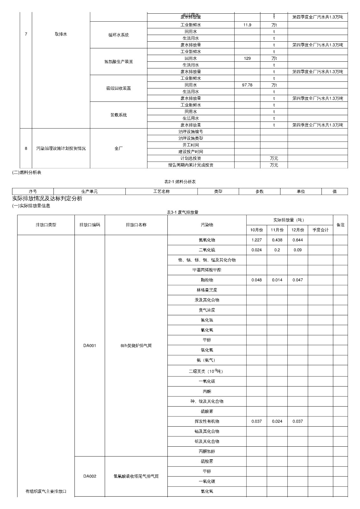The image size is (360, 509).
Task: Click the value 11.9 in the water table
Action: (247, 25)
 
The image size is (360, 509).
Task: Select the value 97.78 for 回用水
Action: (247, 85)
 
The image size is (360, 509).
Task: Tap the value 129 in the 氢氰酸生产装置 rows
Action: (247, 58)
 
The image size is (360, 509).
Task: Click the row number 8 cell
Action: (26, 148)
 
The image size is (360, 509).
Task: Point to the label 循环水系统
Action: (118, 35)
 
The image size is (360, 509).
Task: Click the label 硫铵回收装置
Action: (118, 88)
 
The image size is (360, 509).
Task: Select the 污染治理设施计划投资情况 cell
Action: (61, 148)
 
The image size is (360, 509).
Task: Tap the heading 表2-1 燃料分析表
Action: (180, 182)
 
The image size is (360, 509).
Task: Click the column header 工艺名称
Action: (161, 192)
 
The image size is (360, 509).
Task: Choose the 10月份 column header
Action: (257, 230)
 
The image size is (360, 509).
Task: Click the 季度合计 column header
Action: (320, 230)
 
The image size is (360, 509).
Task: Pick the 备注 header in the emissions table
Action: (340, 225)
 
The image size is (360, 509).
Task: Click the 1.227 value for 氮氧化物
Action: (257, 240)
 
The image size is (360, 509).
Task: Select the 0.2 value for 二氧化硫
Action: (277, 250)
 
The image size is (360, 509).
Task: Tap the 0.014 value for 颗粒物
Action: (277, 280)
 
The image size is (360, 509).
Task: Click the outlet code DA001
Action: (89, 345)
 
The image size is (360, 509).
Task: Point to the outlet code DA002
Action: (89, 476)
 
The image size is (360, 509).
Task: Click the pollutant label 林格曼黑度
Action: (207, 290)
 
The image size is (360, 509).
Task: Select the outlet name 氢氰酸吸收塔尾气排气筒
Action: (136, 476)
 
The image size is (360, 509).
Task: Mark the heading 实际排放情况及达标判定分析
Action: (47, 199)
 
